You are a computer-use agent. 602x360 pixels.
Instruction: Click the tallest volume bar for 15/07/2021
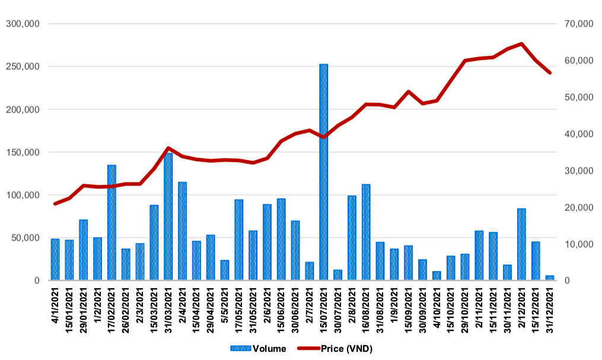[324, 172]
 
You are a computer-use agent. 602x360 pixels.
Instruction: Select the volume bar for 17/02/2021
[112, 222]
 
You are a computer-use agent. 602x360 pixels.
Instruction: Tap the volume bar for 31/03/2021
[168, 217]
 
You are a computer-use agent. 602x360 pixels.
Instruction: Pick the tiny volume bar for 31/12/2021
[550, 278]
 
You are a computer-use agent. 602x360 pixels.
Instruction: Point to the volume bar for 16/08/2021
[366, 232]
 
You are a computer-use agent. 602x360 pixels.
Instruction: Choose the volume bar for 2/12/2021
[521, 244]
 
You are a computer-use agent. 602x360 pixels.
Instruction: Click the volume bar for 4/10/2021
[437, 276]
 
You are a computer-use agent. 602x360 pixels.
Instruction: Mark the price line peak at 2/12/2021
[521, 44]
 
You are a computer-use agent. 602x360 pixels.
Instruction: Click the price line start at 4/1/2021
[55, 203]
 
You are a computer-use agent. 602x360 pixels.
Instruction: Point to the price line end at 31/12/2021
[550, 72]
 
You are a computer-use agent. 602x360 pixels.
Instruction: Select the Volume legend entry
[258, 349]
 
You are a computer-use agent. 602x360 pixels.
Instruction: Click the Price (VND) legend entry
[335, 349]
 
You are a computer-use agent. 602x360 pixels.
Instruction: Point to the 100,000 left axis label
[23, 195]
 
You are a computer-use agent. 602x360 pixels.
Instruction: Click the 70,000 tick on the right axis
[579, 24]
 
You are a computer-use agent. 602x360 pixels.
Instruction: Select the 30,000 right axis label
[579, 170]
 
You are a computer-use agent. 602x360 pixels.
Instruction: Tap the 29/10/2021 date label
[465, 311]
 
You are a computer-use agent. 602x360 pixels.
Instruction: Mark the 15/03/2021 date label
[154, 311]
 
